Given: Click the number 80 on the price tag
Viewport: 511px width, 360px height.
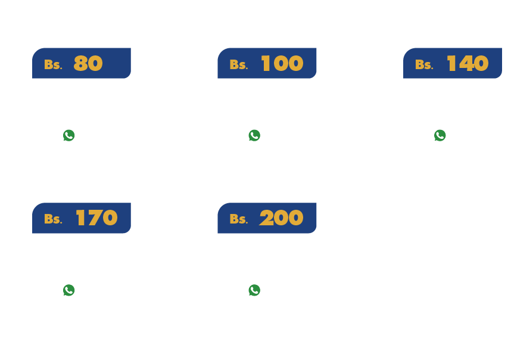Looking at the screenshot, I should [x=88, y=64].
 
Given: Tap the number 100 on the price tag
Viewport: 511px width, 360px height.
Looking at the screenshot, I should [x=282, y=64].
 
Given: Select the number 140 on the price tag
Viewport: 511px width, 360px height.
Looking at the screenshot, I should [x=468, y=64].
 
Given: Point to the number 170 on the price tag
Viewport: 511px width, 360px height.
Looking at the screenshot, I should [x=96, y=218].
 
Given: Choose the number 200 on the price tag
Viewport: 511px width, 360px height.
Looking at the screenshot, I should [x=281, y=218].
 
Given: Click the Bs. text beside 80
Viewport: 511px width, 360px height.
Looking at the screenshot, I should [x=53, y=64].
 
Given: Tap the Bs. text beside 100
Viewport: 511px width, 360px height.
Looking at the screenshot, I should [x=238, y=64].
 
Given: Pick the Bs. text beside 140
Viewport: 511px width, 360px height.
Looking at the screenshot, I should [x=424, y=64].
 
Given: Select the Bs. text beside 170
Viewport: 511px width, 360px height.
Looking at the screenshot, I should [x=53, y=219].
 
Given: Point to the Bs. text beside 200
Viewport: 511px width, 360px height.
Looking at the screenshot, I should [x=238, y=219].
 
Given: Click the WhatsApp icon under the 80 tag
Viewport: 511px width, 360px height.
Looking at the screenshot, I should [x=69, y=135].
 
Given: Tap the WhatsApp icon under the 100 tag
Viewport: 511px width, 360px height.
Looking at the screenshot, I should [x=254, y=135].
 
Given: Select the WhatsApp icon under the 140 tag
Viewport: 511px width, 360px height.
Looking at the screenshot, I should [x=440, y=135].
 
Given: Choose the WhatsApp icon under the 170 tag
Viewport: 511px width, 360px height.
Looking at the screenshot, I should [x=69, y=290].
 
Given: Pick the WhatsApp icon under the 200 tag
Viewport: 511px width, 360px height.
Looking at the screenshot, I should [x=254, y=290].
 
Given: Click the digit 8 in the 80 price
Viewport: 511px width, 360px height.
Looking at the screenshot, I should [x=80, y=64].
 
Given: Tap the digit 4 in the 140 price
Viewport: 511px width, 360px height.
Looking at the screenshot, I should [x=465, y=64].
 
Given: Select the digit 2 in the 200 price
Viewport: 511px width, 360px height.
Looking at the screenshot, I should [x=266, y=218].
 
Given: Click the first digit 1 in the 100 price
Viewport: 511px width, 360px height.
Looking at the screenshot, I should [x=265, y=64].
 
